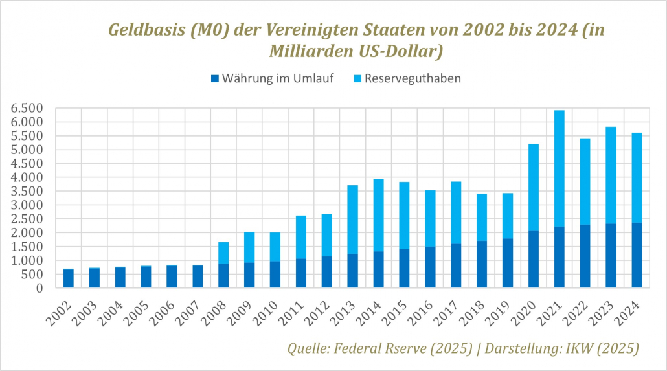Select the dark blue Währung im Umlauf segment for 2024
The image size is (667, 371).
coord(637,255)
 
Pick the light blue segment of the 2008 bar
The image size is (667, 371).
coord(223,253)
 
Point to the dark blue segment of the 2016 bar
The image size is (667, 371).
coord(430,267)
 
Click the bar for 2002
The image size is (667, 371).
coord(69,278)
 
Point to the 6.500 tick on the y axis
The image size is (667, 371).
coord(27,108)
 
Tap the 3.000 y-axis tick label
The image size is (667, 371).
coord(27,205)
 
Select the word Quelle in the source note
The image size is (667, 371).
coord(309,348)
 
